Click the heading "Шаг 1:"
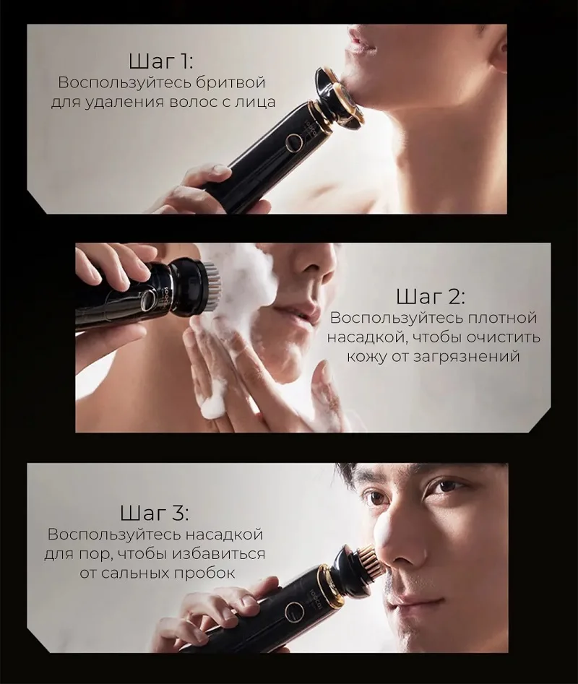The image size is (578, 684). click(160, 61)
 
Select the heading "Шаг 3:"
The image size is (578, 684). click(155, 513)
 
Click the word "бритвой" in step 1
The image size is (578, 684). click(230, 82)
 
